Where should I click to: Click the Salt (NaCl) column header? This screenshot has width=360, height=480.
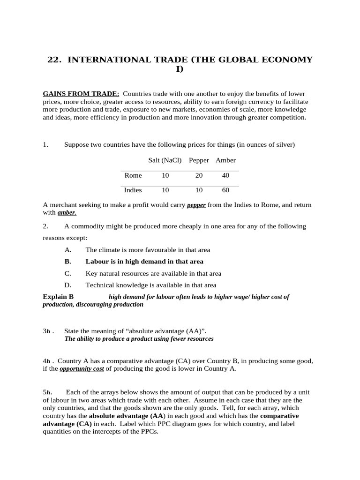tap(165, 160)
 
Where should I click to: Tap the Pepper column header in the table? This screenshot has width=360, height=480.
tap(199, 160)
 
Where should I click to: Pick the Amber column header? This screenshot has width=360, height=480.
tap(225, 160)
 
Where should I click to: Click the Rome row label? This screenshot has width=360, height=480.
tap(133, 175)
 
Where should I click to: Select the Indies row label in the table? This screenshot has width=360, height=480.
tap(133, 190)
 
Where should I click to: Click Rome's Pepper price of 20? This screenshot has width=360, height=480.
tap(199, 175)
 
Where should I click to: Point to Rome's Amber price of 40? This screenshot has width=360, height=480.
tap(225, 175)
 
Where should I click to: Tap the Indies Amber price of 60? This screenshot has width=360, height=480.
tap(225, 190)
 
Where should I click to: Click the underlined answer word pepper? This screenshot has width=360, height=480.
tap(196, 205)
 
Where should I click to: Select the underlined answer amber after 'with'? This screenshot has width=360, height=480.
tap(67, 213)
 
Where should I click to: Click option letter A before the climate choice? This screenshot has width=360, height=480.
tap(67, 250)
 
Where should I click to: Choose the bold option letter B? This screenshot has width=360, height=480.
tap(67, 262)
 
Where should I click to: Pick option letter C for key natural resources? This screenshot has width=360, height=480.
tap(67, 273)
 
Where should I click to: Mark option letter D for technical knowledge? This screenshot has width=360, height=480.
tap(67, 285)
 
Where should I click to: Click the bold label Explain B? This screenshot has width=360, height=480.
tap(58, 297)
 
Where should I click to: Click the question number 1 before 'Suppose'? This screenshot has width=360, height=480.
tap(45, 145)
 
